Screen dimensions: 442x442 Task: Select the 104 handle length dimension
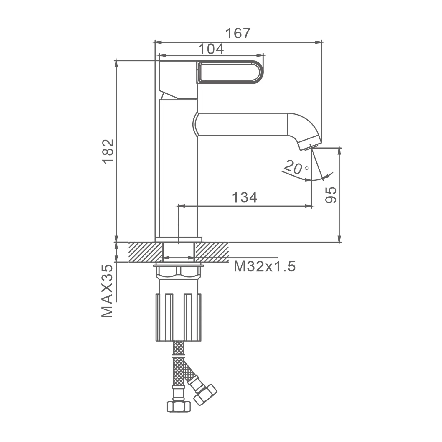(211, 49)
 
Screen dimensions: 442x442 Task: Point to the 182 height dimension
(108, 151)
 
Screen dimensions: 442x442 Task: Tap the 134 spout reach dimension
(245, 197)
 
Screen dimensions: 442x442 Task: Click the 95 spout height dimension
(331, 195)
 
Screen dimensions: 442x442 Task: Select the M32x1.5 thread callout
(264, 267)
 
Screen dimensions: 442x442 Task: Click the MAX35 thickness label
(107, 291)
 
